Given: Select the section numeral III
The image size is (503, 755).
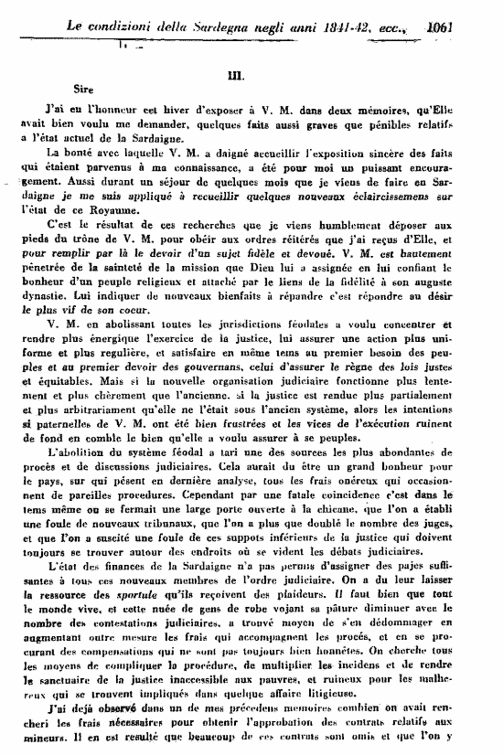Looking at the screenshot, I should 252,79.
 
